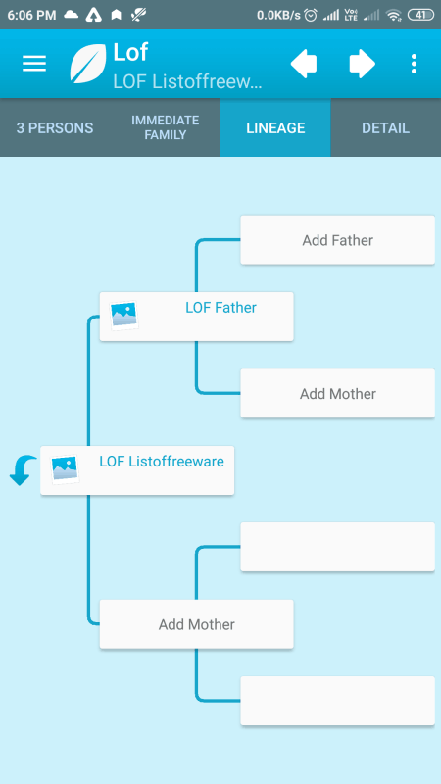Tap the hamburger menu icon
pos(34,64)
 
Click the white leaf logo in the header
pos(88,64)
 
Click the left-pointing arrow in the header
pos(304,64)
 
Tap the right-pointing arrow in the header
pos(362,64)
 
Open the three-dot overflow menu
pos(414,64)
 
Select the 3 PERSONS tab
pos(55,128)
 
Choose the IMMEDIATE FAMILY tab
pos(165,128)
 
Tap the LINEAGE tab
pos(275,128)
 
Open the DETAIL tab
pos(385,128)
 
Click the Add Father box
pos(337,240)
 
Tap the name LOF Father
pos(221,307)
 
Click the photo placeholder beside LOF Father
pos(124,315)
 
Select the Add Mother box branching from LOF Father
pos(337,394)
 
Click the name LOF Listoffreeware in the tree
pos(162,461)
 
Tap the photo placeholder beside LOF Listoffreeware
pos(65,469)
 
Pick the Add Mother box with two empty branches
pos(197,624)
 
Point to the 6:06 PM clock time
pos(31,15)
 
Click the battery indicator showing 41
pos(421,15)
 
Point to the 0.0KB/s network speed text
pos(278,15)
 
